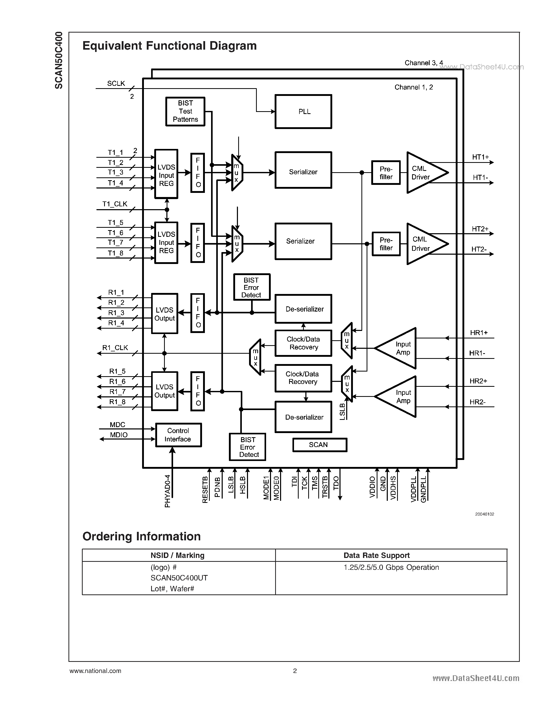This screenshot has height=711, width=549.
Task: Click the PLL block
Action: [x=303, y=112]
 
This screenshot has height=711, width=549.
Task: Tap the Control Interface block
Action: [x=178, y=435]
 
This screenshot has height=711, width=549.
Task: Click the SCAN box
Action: [x=320, y=445]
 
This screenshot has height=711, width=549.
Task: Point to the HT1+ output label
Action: [x=480, y=157]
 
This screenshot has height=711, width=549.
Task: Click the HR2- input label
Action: [x=477, y=402]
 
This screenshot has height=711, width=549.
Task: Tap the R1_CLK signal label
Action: [x=115, y=348]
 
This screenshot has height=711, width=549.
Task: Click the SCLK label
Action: [x=116, y=84]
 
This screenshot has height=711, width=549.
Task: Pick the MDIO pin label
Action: [x=119, y=435]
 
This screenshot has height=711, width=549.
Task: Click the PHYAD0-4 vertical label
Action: [x=167, y=491]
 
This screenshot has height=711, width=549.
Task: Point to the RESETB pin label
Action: [x=205, y=490]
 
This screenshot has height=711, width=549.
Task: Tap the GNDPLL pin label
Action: [x=423, y=489]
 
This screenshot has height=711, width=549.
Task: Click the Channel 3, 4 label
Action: [x=423, y=63]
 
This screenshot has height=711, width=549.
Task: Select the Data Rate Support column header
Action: [x=376, y=555]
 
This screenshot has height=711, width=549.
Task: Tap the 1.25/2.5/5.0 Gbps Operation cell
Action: [x=391, y=568]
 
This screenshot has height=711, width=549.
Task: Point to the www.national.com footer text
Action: [x=95, y=671]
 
